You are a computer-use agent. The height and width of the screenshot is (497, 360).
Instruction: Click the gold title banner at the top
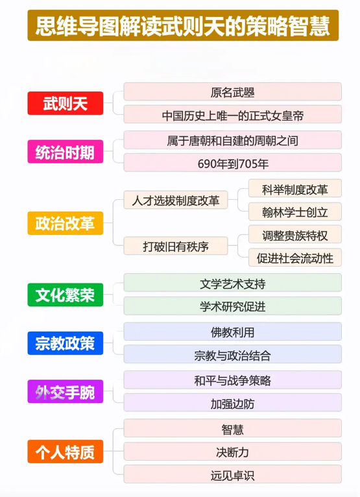pyautogui.click(x=183, y=25)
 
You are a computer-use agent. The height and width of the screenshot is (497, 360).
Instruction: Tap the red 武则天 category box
pyautogui.click(x=66, y=103)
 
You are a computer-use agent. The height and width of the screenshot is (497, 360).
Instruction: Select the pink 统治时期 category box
pyautogui.click(x=66, y=152)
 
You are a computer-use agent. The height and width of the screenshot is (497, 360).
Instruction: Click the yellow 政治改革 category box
pyautogui.click(x=66, y=223)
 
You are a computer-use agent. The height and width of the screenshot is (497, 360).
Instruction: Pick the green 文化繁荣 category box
pyautogui.click(x=66, y=295)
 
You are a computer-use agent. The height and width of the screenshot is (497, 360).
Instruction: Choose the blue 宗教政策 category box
pyautogui.click(x=66, y=343)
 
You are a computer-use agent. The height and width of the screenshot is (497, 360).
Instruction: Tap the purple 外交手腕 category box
pyautogui.click(x=66, y=391)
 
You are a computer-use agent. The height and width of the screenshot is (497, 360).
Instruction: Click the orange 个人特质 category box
pyautogui.click(x=66, y=452)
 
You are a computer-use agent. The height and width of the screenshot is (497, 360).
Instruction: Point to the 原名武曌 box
pyautogui.click(x=233, y=91)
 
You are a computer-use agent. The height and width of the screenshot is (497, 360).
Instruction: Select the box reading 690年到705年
pyautogui.click(x=233, y=163)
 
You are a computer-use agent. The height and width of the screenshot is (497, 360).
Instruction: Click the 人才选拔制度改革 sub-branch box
pyautogui.click(x=176, y=200)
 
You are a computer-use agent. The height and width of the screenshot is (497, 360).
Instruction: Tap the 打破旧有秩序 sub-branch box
pyautogui.click(x=176, y=246)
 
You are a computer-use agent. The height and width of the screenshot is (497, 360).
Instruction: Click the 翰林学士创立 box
pyautogui.click(x=295, y=212)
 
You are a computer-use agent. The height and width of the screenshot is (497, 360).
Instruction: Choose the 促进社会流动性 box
pyautogui.click(x=295, y=258)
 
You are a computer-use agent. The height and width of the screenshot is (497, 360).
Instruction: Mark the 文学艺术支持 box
pyautogui.click(x=233, y=283)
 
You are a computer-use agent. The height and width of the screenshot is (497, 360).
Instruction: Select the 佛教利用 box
pyautogui.click(x=233, y=332)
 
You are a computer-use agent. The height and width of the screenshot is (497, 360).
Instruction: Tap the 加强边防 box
pyautogui.click(x=233, y=402)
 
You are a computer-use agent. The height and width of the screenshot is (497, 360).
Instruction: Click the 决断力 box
pyautogui.click(x=233, y=452)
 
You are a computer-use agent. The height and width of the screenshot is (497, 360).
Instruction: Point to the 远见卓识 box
pyautogui.click(x=233, y=474)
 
